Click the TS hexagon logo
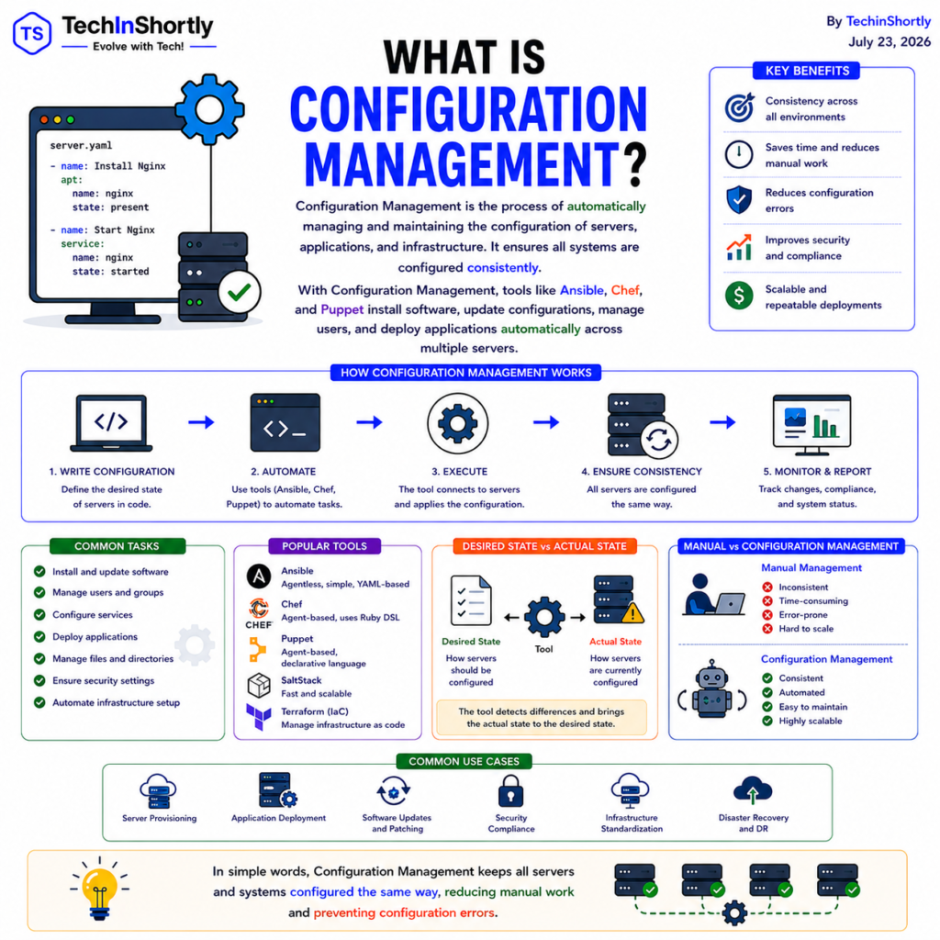[x=32, y=34]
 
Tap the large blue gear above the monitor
[x=209, y=109]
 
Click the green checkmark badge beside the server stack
[x=240, y=292]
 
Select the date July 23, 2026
[x=889, y=42]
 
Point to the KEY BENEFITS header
[x=807, y=71]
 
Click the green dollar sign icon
[x=739, y=296]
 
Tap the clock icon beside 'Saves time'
[x=739, y=154]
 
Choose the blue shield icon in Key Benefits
[x=739, y=199]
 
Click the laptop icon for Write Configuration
[x=111, y=422]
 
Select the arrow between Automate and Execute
[x=369, y=422]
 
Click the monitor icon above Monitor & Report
[x=811, y=424]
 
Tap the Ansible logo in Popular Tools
[x=259, y=576]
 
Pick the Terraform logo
[x=258, y=717]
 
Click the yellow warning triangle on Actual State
[x=632, y=612]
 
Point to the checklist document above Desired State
[x=471, y=600]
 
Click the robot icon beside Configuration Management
[x=711, y=689]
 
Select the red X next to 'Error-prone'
[x=767, y=615]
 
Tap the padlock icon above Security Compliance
[x=510, y=790]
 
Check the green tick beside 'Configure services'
[x=39, y=614]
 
